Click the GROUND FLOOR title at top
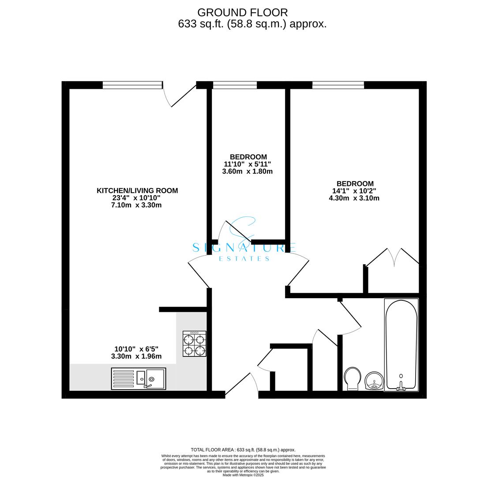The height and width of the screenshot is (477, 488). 242,12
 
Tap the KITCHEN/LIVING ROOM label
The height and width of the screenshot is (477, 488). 137,190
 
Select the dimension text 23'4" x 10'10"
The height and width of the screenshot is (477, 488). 136,198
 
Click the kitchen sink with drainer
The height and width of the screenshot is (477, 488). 139,379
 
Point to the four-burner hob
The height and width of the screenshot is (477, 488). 195,344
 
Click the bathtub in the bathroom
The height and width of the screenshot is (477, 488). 401,344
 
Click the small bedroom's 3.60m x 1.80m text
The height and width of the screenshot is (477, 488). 247,171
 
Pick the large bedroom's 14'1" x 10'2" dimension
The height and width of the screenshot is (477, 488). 354,191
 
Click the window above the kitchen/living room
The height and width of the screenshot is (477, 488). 132,85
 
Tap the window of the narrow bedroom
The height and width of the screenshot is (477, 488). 235,85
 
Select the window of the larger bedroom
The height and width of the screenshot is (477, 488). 338,85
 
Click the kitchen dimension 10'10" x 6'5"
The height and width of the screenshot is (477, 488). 136,349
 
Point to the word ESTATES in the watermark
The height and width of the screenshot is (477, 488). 244,258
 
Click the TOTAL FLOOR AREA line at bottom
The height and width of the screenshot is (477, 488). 243,450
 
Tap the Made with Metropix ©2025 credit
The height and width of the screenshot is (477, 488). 243,475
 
